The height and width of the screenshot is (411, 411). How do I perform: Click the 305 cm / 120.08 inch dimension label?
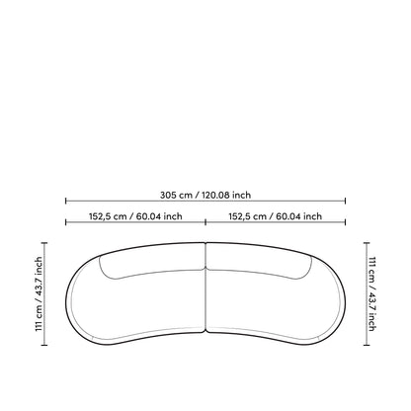(x=205, y=195)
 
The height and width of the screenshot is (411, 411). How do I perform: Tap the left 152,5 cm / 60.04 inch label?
(x=135, y=216)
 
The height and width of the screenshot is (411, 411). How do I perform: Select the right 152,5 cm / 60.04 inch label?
(x=276, y=216)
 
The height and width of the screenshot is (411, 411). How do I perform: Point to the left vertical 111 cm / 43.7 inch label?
(x=39, y=294)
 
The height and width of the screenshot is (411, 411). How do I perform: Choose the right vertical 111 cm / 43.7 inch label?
(x=371, y=294)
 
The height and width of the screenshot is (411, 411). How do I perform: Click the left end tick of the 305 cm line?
(x=66, y=201)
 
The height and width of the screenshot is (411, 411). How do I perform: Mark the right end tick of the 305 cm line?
(x=345, y=201)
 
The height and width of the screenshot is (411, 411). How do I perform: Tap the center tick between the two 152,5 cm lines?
(x=205, y=222)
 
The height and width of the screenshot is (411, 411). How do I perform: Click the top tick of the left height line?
(x=44, y=243)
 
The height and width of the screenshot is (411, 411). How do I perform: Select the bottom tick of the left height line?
(x=44, y=345)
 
